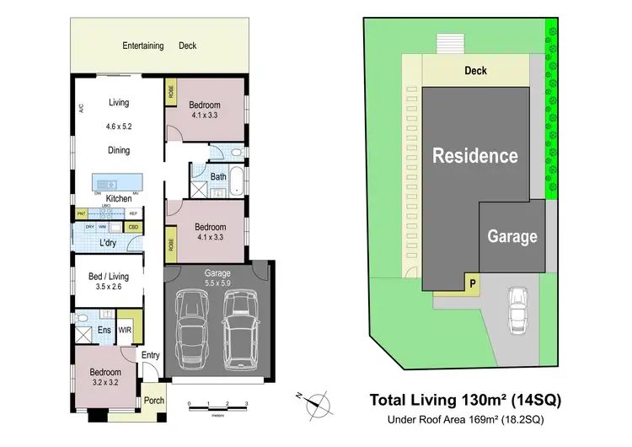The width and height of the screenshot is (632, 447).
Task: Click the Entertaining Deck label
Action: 159,46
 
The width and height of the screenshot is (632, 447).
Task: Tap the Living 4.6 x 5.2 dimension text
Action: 119,127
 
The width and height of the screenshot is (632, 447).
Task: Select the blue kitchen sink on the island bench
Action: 106,184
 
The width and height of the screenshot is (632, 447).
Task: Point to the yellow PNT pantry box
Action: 82,214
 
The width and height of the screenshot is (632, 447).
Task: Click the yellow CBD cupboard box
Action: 133,227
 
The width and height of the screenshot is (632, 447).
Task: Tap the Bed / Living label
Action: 109,275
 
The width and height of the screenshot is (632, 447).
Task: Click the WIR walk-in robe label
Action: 126,330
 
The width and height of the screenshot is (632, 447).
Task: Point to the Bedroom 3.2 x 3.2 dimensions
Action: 105,382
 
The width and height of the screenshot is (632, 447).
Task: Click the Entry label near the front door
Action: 151,355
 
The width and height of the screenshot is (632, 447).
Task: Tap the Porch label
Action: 154,401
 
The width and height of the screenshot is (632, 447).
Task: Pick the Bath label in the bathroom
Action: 218,177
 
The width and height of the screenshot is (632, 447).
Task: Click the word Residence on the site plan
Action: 475,155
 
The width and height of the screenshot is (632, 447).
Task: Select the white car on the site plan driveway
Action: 518,310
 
